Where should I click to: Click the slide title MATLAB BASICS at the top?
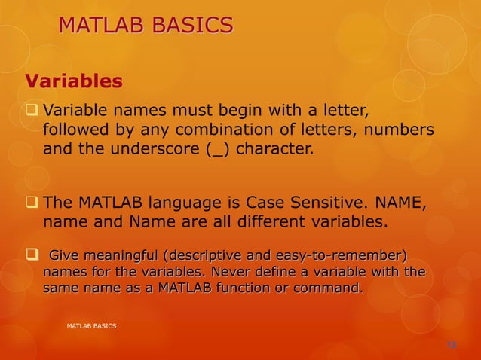(x=146, y=26)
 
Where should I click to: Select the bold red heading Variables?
(x=74, y=80)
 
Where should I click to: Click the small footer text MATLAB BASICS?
(x=91, y=325)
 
